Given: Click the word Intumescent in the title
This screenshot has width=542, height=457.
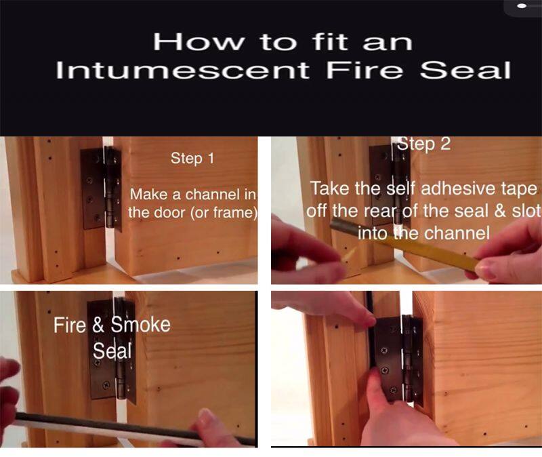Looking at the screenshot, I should (184, 71).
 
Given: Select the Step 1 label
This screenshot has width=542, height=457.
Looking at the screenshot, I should (192, 159).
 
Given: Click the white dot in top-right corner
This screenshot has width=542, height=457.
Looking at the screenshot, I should (522, 6).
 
